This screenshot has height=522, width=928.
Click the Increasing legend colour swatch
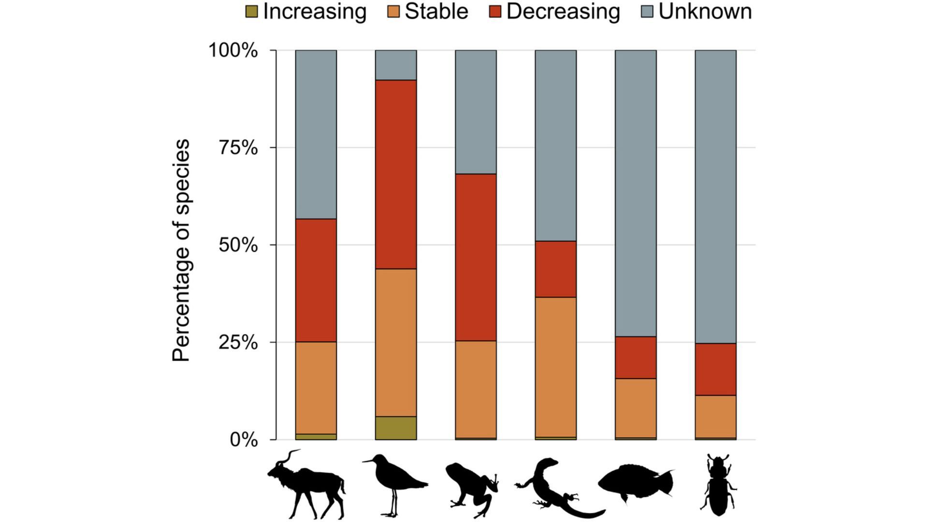tap(252, 12)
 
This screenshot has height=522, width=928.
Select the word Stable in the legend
tap(436, 12)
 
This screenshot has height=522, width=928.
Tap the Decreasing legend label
tap(563, 12)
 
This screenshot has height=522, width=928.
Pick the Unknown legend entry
tap(705, 12)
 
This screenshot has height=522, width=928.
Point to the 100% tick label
tap(233, 50)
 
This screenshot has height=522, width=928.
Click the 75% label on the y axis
tap(238, 148)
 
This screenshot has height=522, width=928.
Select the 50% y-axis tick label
tap(238, 245)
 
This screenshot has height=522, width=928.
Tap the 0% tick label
tap(244, 440)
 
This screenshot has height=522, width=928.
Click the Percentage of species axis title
tap(182, 250)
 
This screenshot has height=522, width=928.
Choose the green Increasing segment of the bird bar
tap(396, 428)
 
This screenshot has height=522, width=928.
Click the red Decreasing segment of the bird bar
tap(396, 174)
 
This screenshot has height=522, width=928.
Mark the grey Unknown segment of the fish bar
tap(636, 193)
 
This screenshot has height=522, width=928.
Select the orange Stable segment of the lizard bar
tap(555, 367)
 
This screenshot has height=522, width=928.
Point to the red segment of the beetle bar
tap(715, 369)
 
